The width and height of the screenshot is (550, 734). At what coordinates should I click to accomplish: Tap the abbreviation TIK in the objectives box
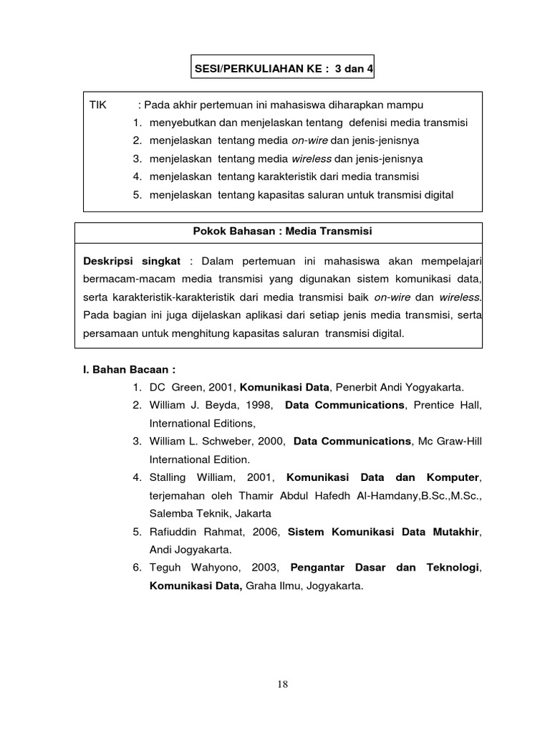pyautogui.click(x=97, y=105)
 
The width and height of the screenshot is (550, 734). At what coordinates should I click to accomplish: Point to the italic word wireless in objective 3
pyautogui.click(x=311, y=159)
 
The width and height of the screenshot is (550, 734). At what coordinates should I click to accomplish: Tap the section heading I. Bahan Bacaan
pyautogui.click(x=130, y=370)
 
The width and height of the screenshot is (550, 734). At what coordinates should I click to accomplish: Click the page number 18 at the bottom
pyautogui.click(x=282, y=684)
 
